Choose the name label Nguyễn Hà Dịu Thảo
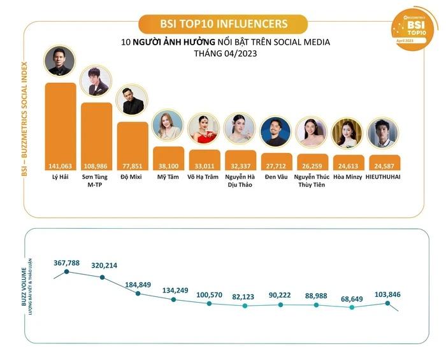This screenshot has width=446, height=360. (240, 180)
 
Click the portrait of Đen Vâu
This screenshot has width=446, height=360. (276, 132)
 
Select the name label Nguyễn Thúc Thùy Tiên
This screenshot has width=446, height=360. (312, 180)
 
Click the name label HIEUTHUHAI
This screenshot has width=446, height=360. (384, 176)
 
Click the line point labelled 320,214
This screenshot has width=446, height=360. (102, 277)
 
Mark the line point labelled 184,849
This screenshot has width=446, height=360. (138, 293)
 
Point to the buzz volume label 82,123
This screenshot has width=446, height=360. (245, 296)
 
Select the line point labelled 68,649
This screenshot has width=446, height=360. (352, 307)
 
